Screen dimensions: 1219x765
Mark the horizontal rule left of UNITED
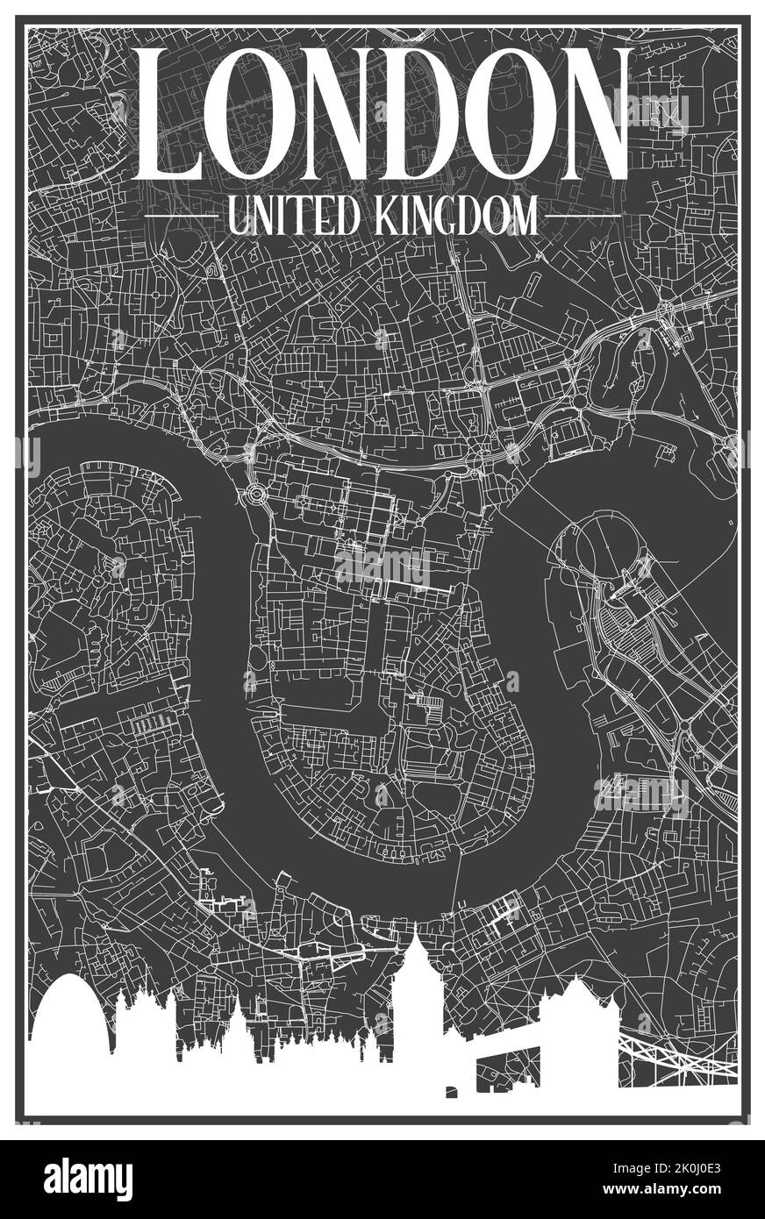pyautogui.click(x=180, y=216)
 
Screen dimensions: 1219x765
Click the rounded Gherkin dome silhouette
pyautogui.click(x=72, y=1017)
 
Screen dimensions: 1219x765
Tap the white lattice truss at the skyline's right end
pyautogui.click(x=676, y=1057)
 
